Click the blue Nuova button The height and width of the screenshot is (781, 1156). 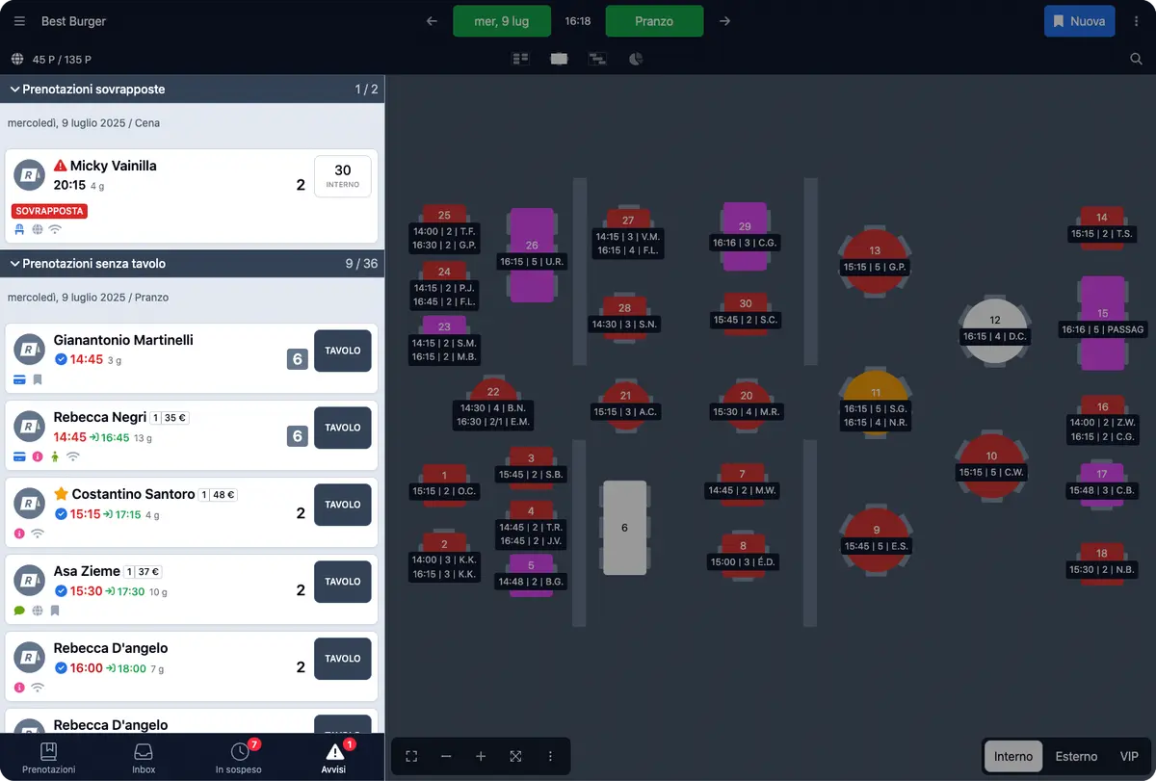click(1079, 21)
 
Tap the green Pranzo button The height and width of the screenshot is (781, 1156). click(654, 21)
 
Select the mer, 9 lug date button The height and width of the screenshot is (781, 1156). click(502, 21)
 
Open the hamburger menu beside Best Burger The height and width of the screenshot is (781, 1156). click(19, 21)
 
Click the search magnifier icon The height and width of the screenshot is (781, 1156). click(1136, 59)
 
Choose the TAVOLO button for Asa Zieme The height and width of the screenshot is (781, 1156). click(343, 582)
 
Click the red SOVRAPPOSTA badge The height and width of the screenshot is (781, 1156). click(49, 211)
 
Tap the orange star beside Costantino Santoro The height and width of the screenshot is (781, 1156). click(61, 494)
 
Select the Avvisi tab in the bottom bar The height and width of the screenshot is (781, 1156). click(334, 758)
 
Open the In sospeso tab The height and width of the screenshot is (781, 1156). click(239, 758)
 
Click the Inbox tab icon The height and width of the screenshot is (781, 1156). click(144, 752)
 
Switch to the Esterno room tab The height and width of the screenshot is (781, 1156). click(1076, 756)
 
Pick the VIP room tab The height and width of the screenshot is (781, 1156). click(1129, 756)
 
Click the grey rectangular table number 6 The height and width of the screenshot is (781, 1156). click(624, 528)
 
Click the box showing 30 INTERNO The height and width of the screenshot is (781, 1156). click(343, 176)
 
